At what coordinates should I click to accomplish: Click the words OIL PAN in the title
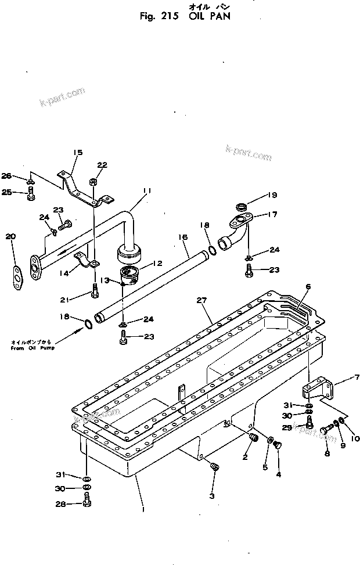tap(210, 17)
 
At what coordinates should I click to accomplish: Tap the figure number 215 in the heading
tap(168, 17)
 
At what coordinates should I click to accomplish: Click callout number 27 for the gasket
tap(201, 300)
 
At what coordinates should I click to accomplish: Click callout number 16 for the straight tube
tap(183, 237)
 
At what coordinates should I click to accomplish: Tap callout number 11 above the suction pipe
tap(147, 190)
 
